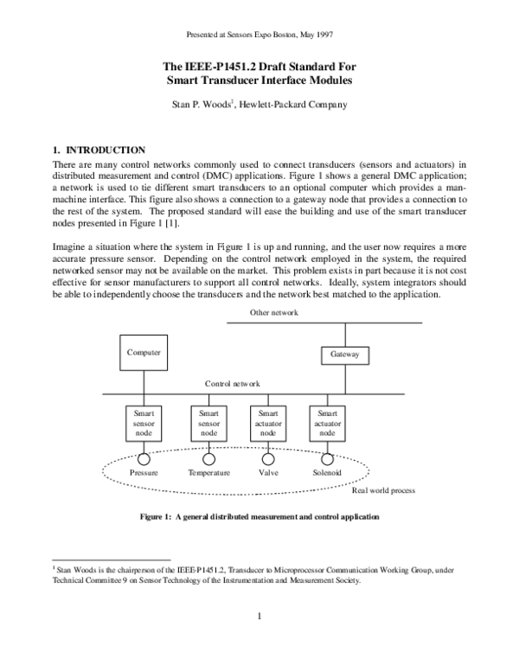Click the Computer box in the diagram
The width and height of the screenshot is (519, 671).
(x=144, y=353)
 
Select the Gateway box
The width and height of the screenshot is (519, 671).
(x=344, y=355)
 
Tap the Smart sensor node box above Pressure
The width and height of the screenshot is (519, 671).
(x=144, y=424)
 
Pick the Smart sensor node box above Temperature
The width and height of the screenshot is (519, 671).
(x=208, y=424)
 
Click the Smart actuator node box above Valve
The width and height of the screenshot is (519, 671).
(x=267, y=424)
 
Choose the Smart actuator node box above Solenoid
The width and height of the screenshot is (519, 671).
(x=327, y=424)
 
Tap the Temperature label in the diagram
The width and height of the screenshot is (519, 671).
(x=208, y=473)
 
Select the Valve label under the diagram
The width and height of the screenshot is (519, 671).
(x=267, y=473)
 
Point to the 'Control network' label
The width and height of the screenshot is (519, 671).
(x=232, y=383)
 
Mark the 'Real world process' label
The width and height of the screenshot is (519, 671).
(x=383, y=490)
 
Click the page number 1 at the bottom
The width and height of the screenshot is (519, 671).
(x=259, y=616)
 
